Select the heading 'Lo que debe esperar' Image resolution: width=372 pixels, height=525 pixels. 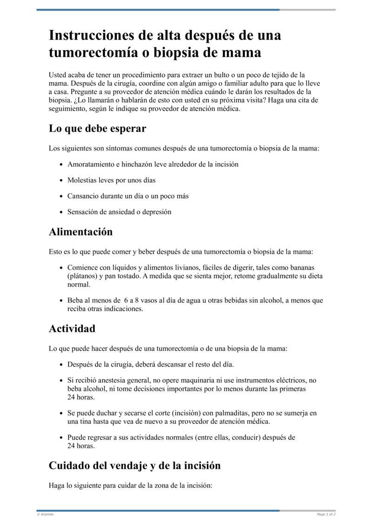(x=97, y=129)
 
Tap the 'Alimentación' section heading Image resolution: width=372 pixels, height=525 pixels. (x=80, y=231)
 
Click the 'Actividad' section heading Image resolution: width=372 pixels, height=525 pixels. (x=72, y=328)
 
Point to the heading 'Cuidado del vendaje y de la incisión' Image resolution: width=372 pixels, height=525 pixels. (x=134, y=465)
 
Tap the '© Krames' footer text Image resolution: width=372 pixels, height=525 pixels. (x=45, y=514)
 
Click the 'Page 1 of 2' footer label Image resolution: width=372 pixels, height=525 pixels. (x=326, y=514)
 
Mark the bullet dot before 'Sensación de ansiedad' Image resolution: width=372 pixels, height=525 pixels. (x=61, y=212)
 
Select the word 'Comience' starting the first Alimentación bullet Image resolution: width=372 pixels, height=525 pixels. (x=82, y=268)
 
